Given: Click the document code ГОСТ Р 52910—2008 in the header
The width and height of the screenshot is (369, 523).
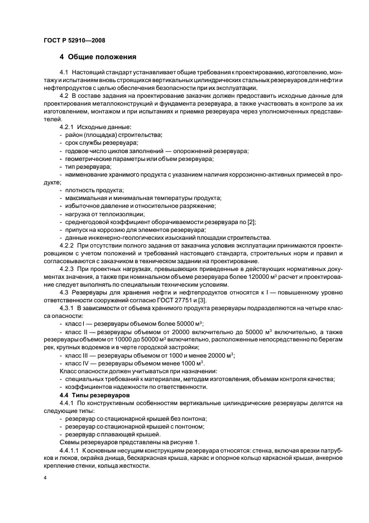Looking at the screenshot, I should (74, 40).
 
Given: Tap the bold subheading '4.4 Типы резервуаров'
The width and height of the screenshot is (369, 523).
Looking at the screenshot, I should (91, 395).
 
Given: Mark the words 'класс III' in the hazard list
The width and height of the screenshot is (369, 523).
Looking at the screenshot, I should (77, 355).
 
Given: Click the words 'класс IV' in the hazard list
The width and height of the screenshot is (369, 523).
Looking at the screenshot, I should (78, 363).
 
